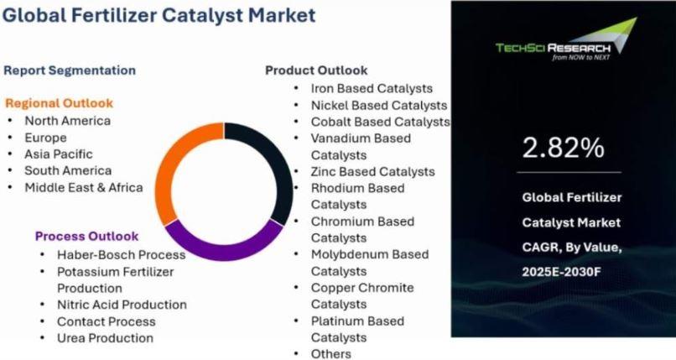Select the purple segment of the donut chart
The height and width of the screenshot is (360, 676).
pos(224,249)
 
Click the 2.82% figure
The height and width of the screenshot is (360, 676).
pos(563,148)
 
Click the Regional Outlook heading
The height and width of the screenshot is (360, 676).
pos(59,103)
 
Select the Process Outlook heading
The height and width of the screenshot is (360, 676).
pos(86,237)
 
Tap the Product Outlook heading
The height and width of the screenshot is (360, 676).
pos(316,70)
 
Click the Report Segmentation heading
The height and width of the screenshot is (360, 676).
pos(70,70)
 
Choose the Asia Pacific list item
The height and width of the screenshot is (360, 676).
pos(59,154)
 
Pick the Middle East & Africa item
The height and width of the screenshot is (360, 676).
pos(84,187)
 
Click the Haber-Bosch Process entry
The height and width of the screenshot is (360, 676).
pos(121,255)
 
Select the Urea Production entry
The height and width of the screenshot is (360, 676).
pos(105,338)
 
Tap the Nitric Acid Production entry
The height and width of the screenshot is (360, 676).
pos(122,305)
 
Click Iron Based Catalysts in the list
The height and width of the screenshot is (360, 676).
pos(372,88)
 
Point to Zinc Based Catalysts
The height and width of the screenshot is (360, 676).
pos(373,171)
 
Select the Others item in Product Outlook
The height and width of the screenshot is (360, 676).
pos(331,354)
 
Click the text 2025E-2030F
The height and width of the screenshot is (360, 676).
pos(561,272)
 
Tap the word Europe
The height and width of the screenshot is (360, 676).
pos(45,138)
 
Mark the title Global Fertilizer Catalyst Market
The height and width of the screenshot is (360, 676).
pos(159,15)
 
